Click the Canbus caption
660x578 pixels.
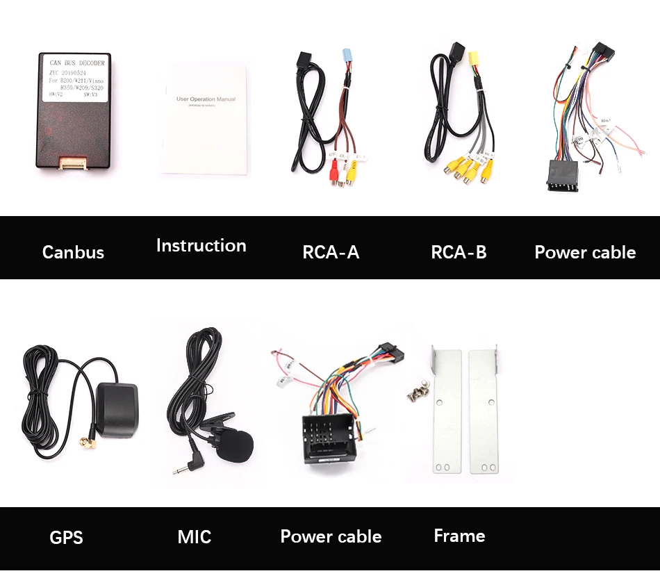tap(73, 252)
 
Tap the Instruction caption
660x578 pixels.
tap(201, 246)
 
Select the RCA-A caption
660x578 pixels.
tap(331, 252)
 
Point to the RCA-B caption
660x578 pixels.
tap(459, 252)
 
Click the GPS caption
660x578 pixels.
tap(66, 537)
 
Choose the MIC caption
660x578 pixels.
tap(195, 536)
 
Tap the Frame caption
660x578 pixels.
tap(459, 536)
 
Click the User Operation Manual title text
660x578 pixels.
tap(206, 99)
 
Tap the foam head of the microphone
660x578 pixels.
tap(236, 445)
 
